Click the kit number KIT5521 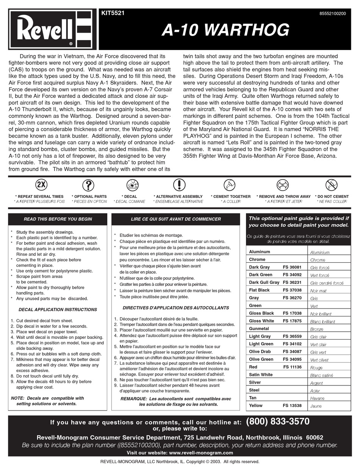113,13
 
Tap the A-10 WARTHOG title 225,30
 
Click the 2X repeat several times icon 41,185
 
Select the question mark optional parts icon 88,185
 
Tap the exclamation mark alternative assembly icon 179,185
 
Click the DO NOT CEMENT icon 331,185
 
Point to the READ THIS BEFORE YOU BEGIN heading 58,219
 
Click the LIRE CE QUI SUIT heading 175,219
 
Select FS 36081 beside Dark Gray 292,267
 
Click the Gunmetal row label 259,329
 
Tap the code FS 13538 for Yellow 292,406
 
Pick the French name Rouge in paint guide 316,368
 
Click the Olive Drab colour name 260,352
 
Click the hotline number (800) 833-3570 278,421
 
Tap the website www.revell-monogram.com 201,453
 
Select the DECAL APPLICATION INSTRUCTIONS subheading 58,310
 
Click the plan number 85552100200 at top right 333,13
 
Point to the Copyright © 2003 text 212,462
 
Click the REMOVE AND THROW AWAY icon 283,185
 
